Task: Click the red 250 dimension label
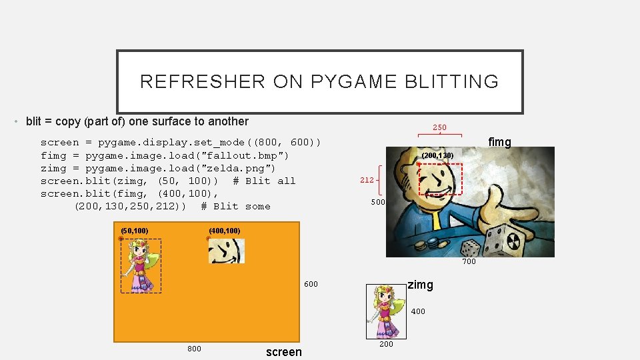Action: point(439,127)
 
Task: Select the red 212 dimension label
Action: point(367,180)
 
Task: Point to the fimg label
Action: point(499,142)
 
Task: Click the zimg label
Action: point(420,285)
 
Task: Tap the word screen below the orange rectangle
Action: point(283,352)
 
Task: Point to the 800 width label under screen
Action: point(194,349)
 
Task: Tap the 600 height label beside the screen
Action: point(311,285)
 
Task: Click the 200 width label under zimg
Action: point(386,344)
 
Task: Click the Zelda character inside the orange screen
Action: point(141,267)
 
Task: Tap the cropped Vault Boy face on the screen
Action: point(227,251)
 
